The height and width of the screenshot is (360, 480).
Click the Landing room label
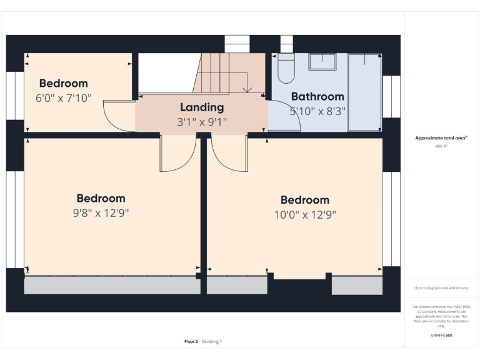(x=202, y=107)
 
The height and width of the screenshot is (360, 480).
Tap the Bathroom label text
(x=317, y=97)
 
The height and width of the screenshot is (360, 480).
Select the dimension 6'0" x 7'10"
(x=64, y=97)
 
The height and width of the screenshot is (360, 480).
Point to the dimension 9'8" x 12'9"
(x=101, y=212)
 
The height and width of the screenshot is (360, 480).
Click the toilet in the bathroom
(x=286, y=69)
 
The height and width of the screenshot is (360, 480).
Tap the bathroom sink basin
(x=322, y=61)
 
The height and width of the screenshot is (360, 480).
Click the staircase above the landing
(x=222, y=74)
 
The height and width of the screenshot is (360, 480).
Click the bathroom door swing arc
(x=286, y=119)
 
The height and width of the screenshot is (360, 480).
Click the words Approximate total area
(x=441, y=137)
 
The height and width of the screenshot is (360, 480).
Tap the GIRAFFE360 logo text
(x=441, y=336)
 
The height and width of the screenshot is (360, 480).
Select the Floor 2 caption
(x=191, y=341)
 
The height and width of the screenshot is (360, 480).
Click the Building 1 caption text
(x=212, y=341)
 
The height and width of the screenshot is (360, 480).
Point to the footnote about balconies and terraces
(x=441, y=288)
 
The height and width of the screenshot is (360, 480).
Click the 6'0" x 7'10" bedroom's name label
(x=64, y=84)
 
